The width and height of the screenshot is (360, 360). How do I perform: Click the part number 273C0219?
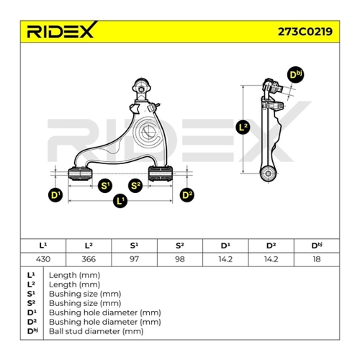point(305,32)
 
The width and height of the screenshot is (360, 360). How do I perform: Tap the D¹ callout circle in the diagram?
point(55,195)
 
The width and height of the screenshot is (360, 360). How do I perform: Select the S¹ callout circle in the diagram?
point(105,186)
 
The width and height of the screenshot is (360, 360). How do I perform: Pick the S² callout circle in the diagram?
point(135,186)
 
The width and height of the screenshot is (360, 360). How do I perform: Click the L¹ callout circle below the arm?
point(120,200)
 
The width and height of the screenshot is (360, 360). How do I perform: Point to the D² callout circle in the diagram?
point(187,195)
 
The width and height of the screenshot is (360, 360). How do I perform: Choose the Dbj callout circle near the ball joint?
point(295,75)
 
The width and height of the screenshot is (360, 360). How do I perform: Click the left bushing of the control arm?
point(80,174)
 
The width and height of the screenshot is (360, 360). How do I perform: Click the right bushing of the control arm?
point(161,174)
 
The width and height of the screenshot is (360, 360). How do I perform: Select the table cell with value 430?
point(43,259)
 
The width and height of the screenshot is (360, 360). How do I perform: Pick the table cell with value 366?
point(89,259)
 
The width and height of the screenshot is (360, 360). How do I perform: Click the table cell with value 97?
point(134,259)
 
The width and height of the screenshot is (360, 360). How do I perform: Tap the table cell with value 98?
point(180,259)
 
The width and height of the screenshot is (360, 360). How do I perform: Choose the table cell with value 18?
point(317,259)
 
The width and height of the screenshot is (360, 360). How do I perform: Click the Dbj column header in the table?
point(317,246)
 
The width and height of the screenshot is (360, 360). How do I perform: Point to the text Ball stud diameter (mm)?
point(96,331)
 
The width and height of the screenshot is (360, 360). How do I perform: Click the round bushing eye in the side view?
point(268,173)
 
